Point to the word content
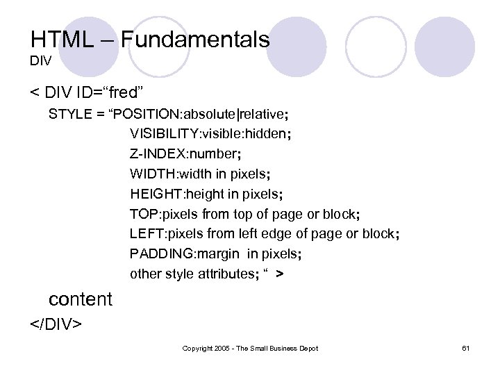[80, 299]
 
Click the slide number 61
[465, 347]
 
